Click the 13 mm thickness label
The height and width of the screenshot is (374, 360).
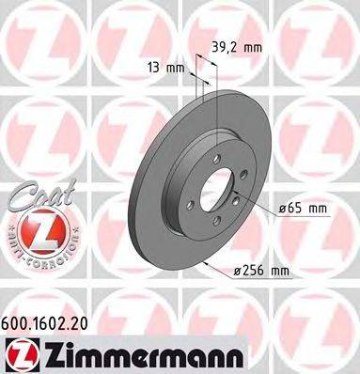[x=165, y=67]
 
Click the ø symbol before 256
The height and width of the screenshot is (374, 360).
[x=238, y=273]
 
